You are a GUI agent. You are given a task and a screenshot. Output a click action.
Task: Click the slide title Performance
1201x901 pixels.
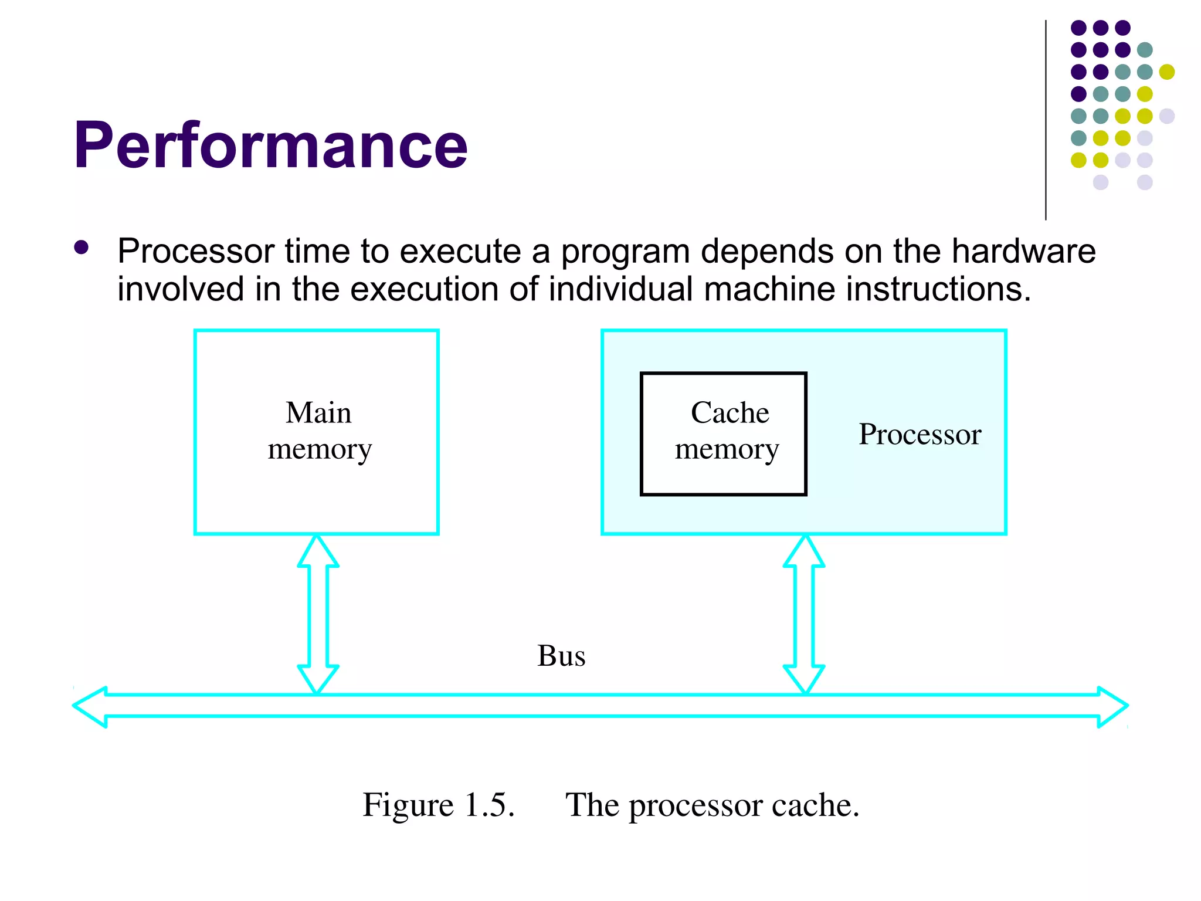click(x=270, y=145)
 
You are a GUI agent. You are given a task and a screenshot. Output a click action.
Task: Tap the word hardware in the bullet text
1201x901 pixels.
click(x=1023, y=251)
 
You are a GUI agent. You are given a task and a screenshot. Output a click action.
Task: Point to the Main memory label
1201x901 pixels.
click(x=319, y=431)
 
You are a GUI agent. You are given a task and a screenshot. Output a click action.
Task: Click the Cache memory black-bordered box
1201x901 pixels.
click(x=723, y=433)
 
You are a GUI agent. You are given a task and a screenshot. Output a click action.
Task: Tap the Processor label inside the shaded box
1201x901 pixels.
click(x=920, y=434)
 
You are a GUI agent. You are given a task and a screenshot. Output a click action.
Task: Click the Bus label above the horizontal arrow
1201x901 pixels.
click(x=561, y=655)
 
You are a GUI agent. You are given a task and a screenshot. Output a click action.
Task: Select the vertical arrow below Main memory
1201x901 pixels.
click(x=318, y=614)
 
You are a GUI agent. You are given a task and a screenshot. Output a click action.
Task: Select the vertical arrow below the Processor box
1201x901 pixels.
click(x=804, y=614)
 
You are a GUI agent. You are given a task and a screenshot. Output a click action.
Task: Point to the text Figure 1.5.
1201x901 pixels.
click(x=438, y=804)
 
